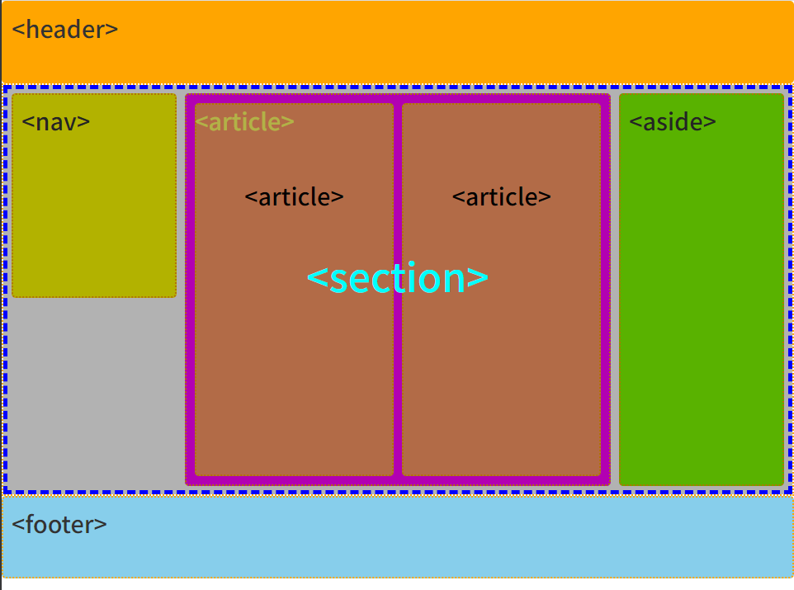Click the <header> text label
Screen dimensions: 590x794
coord(65,30)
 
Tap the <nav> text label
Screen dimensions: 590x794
coord(56,122)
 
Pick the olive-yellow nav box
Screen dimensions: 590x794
coord(94,215)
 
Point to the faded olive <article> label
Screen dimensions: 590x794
coord(244,122)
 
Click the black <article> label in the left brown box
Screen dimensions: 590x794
coord(294,197)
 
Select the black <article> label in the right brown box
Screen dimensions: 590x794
coord(501,197)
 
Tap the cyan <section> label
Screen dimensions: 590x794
coord(397,279)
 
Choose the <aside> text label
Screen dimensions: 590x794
coord(672,122)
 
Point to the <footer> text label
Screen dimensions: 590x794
coord(59,524)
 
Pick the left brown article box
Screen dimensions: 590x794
coord(294,371)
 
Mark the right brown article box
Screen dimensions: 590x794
coord(501,371)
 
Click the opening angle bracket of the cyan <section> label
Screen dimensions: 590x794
coord(316,280)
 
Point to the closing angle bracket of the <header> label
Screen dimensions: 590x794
coord(112,31)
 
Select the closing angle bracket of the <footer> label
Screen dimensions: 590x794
coord(101,525)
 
